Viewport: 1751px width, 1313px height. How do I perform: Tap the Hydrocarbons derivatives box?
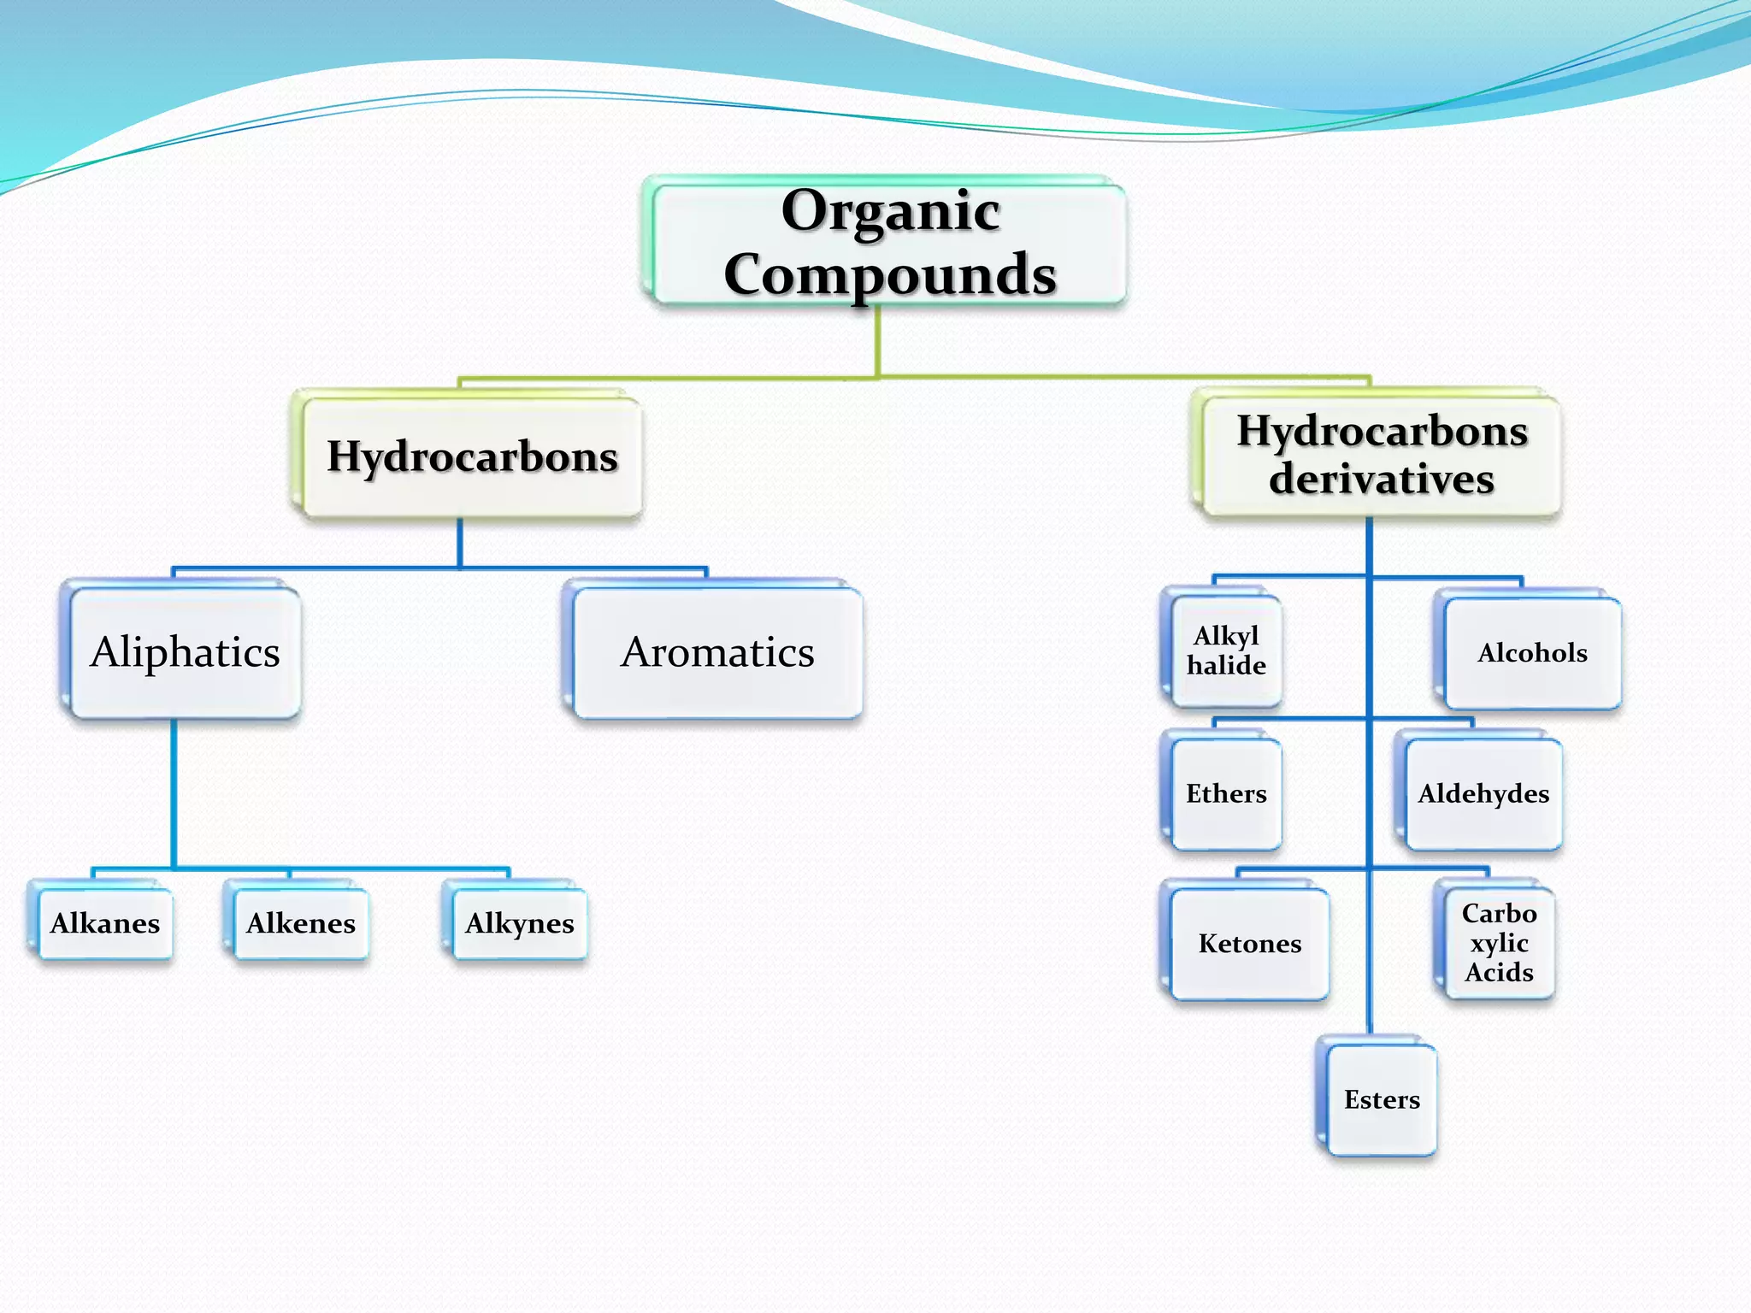coord(1382,455)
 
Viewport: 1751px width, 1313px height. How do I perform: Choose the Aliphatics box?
coord(185,652)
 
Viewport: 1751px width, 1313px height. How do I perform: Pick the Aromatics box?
coord(716,652)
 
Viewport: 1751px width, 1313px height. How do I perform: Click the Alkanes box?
coord(105,923)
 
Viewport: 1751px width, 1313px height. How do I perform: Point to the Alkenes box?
coord(301,923)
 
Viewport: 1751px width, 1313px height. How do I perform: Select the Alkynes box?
coord(520,923)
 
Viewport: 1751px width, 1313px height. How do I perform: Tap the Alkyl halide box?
coord(1226,651)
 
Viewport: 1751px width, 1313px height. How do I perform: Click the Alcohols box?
coord(1532,653)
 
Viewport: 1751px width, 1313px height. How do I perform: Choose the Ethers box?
coord(1226,793)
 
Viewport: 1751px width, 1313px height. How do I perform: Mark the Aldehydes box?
coord(1483,793)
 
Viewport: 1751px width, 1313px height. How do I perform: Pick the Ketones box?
coord(1249,943)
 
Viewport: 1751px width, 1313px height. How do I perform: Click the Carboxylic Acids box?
coord(1499,943)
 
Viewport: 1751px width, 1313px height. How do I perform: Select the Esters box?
coord(1382,1099)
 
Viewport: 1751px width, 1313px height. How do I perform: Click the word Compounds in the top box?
coord(889,274)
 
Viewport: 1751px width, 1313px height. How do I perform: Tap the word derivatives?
coord(1382,479)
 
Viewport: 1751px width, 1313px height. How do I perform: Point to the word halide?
coord(1226,665)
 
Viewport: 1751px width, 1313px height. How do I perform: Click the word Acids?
coord(1499,972)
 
